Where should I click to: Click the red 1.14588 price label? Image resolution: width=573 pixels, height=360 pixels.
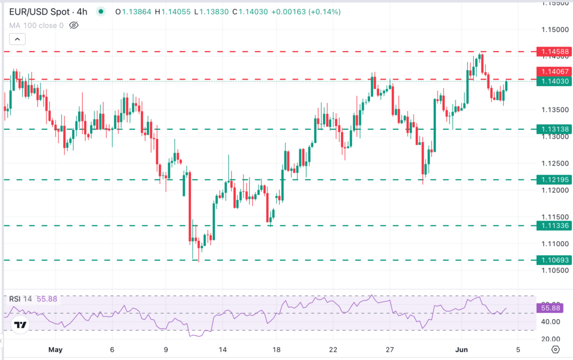pyautogui.click(x=553, y=52)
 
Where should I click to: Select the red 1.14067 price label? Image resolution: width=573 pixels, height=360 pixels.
pyautogui.click(x=553, y=71)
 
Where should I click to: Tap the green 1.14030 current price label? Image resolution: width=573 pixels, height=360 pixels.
pyautogui.click(x=553, y=81)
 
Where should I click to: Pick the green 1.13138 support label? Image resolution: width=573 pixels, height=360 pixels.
pyautogui.click(x=553, y=129)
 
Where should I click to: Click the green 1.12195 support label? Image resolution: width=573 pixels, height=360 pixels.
pyautogui.click(x=553, y=180)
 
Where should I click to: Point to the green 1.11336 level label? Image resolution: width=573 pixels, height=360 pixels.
pyautogui.click(x=553, y=226)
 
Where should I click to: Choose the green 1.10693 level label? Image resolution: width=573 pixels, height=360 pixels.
pyautogui.click(x=553, y=260)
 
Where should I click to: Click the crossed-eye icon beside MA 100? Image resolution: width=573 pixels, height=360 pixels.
pyautogui.click(x=74, y=25)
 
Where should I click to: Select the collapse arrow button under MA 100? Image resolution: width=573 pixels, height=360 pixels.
pyautogui.click(x=17, y=39)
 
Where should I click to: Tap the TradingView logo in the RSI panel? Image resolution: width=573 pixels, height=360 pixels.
pyautogui.click(x=20, y=325)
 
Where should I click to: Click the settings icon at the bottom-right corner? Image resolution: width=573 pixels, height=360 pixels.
pyautogui.click(x=555, y=349)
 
